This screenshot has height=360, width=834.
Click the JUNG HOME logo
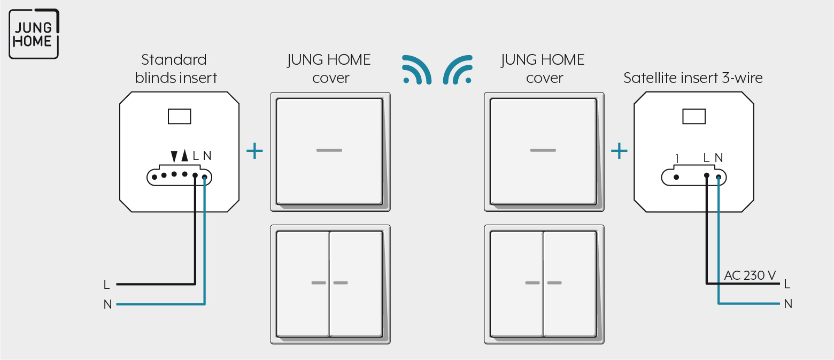tap(34, 34)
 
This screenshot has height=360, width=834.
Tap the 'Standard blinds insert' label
tap(176, 68)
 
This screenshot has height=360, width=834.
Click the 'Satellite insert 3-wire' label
tap(693, 78)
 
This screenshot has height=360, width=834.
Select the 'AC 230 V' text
tap(750, 275)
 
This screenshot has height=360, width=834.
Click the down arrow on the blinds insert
tap(174, 156)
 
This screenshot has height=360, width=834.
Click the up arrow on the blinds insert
tap(184, 156)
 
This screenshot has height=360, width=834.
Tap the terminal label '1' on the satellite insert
tap(677, 159)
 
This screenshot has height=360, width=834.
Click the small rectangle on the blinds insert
tap(180, 116)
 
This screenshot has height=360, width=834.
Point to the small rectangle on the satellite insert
tap(693, 116)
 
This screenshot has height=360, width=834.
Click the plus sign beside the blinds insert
tap(254, 151)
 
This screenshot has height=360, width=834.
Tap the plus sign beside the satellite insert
tap(619, 151)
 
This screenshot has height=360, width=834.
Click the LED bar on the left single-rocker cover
tap(329, 150)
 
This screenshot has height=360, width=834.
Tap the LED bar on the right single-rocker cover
tap(543, 150)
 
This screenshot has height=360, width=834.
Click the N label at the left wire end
tap(107, 304)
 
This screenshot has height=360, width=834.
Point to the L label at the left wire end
tap(106, 285)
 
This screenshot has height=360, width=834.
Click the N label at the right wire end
tap(788, 304)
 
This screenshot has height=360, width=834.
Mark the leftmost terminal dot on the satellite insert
tap(676, 178)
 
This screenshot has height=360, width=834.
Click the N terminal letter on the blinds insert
tap(207, 156)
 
